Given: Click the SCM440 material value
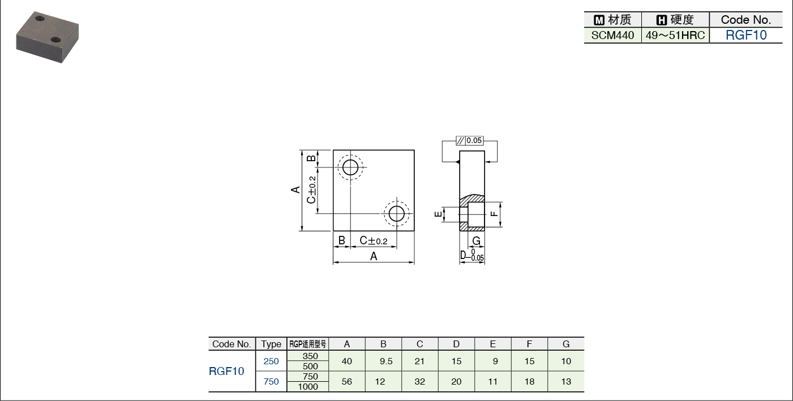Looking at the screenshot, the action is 612,36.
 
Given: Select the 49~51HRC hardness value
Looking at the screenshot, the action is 675,36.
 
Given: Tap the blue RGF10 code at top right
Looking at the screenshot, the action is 746,35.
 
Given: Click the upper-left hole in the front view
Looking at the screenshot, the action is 350,167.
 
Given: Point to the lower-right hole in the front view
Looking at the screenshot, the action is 396,214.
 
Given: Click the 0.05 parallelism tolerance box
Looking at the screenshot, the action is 469,140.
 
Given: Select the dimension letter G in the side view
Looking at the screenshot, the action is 477,241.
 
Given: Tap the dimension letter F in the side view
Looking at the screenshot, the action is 494,214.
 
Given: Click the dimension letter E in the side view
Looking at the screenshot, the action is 438,214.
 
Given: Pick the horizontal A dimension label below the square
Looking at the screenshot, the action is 374,256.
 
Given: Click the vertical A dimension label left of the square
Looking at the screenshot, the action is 295,190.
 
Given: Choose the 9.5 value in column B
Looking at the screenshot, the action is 386,361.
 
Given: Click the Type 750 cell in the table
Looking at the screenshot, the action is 271,382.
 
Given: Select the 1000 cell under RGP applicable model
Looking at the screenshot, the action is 308,386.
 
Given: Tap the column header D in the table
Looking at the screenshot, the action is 456,344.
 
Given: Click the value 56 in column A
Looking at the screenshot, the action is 347,382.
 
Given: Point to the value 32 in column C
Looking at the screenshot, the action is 419,382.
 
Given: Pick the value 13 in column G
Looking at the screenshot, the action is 566,382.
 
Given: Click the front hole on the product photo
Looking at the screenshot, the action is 55,40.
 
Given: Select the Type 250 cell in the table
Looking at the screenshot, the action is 271,361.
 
